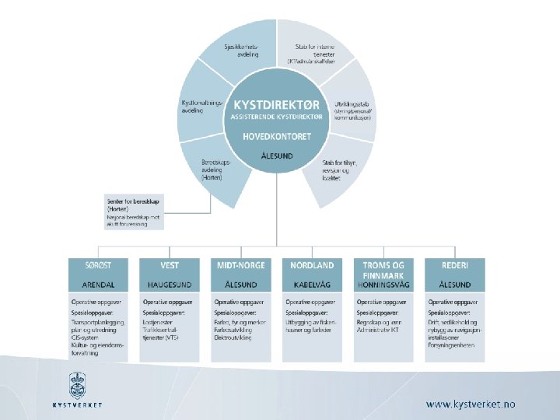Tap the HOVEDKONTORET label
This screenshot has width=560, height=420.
(277, 136)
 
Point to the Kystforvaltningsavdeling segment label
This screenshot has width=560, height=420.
(203, 107)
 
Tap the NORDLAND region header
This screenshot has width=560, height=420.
(313, 265)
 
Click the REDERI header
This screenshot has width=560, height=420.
(455, 265)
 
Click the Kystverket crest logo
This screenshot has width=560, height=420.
(77, 385)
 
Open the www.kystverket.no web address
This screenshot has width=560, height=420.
(470, 404)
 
